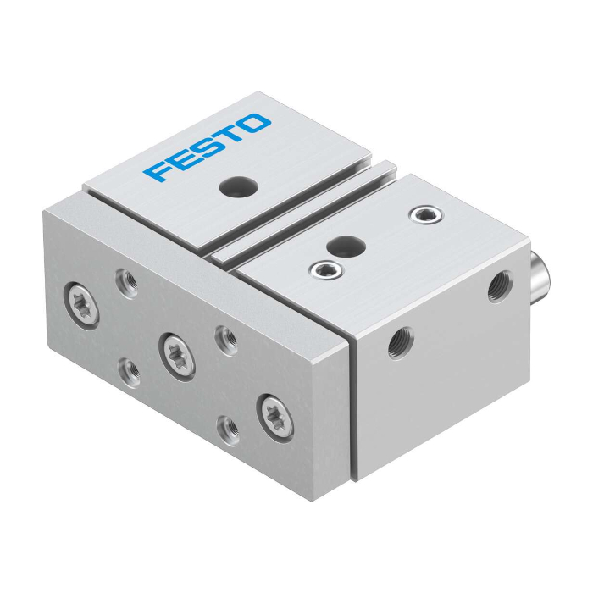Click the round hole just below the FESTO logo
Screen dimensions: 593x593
pyautogui.click(x=238, y=186)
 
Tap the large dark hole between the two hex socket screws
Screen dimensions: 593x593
pyautogui.click(x=346, y=245)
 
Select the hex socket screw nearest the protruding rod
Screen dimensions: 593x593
pyautogui.click(x=426, y=215)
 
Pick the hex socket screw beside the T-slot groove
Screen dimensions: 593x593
pyautogui.click(x=326, y=269)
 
